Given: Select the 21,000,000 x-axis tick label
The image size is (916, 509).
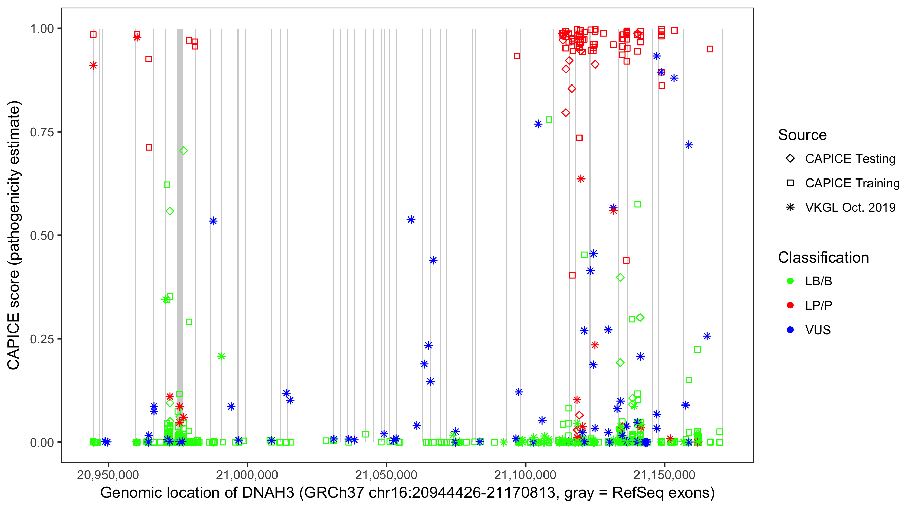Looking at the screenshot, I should (x=247, y=475).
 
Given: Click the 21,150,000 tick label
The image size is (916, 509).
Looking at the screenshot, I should (x=664, y=475).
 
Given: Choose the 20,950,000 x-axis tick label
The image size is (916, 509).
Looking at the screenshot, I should (x=108, y=475).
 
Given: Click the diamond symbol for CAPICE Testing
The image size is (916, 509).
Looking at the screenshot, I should (x=790, y=159).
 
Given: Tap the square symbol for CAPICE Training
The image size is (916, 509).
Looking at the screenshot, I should (x=790, y=183).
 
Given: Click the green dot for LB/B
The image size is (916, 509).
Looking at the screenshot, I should (x=790, y=281).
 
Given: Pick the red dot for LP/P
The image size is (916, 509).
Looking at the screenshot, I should (x=790, y=305).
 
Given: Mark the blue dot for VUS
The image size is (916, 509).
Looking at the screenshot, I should (x=790, y=330).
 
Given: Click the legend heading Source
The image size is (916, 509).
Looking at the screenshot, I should (x=802, y=135).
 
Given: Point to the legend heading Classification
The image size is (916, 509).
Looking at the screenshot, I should (x=823, y=258).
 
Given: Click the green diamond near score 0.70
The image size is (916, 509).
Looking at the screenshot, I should (x=183, y=151).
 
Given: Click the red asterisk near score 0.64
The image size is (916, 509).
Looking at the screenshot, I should (x=581, y=179).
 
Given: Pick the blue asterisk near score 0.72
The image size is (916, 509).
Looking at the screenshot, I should (x=689, y=145).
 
